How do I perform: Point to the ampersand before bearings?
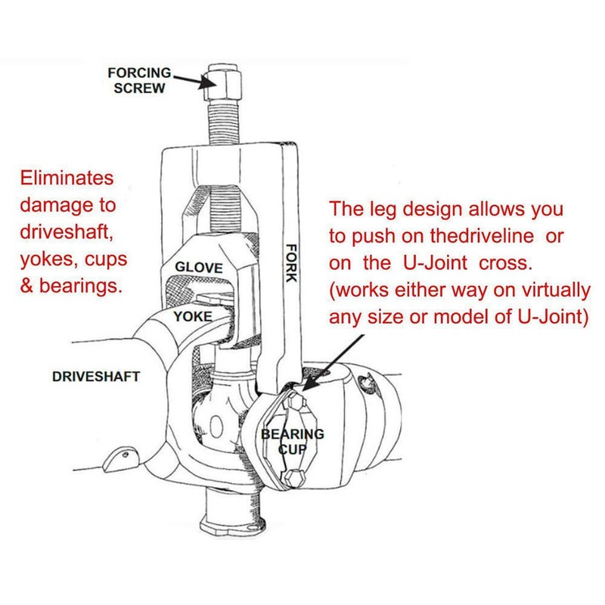(x=29, y=285)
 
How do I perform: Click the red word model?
(x=445, y=315)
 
